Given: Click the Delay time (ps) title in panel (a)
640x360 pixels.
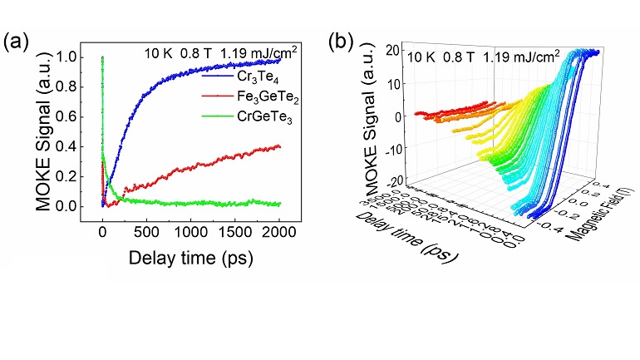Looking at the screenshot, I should click(190, 258).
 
